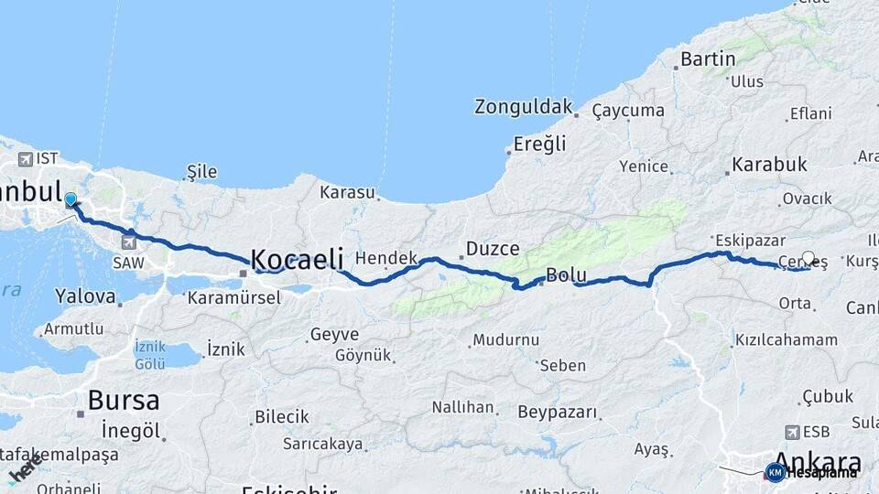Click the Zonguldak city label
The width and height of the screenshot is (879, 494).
click(523, 106)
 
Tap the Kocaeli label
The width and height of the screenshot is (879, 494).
click(298, 258)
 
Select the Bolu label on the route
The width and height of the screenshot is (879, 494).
click(565, 274)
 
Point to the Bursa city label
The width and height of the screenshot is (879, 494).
click(124, 400)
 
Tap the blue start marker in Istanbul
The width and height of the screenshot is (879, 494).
click(71, 199)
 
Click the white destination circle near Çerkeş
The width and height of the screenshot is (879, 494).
click(808, 259)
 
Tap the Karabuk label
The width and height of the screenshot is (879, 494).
click(769, 165)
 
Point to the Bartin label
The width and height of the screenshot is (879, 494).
click(709, 60)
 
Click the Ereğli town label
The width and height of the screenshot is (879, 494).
click(540, 144)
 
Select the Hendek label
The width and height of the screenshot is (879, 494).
click(386, 258)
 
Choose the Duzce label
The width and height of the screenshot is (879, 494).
click(493, 248)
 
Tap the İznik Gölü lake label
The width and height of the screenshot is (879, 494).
click(150, 355)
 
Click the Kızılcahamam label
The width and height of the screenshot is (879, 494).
click(786, 339)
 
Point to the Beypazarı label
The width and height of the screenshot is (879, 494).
click(558, 412)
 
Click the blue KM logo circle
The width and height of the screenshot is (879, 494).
click(775, 472)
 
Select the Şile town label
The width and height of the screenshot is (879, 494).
click(201, 171)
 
